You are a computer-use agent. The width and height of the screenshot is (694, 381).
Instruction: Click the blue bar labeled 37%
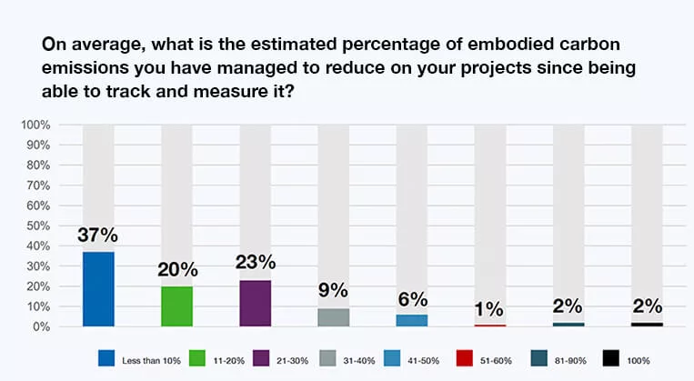[98, 288]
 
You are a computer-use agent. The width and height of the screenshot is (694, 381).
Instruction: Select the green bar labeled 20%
[176, 306]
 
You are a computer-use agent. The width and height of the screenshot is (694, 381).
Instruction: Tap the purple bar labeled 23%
[256, 303]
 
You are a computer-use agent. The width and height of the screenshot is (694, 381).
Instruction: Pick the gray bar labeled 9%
[334, 316]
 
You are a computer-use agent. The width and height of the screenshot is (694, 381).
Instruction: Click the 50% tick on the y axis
[37, 225]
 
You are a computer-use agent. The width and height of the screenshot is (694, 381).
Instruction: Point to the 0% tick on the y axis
[41, 326]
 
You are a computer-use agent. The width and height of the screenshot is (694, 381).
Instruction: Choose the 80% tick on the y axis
[37, 165]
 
